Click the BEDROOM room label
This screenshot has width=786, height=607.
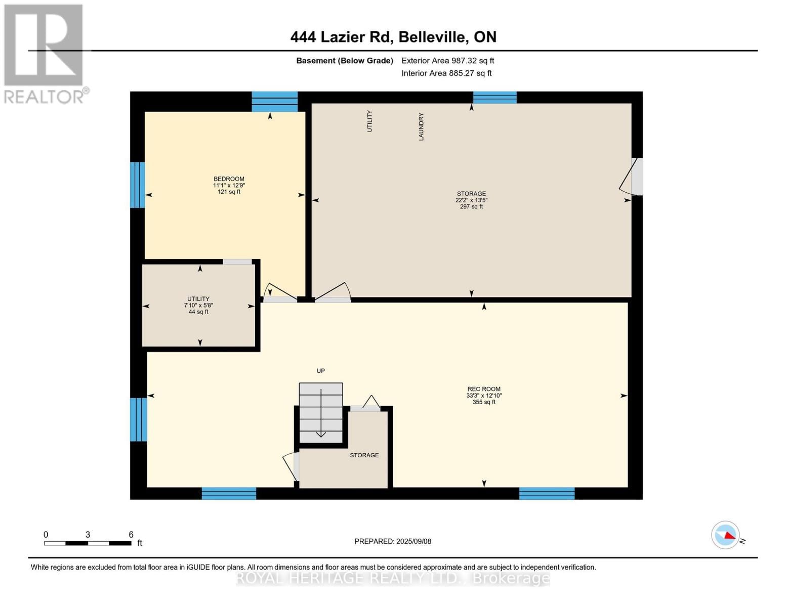(229, 179)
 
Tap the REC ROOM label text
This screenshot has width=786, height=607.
(484, 389)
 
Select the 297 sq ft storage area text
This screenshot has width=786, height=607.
(471, 207)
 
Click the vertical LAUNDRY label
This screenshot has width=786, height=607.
(421, 126)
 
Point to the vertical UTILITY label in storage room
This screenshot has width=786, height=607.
(369, 121)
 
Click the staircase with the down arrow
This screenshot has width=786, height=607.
(321, 412)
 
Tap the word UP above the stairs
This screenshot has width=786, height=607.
(320, 371)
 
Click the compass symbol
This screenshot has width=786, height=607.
(726, 535)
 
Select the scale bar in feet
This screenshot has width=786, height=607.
(88, 543)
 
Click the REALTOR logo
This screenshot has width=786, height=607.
(45, 53)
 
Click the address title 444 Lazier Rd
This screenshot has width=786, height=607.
(393, 37)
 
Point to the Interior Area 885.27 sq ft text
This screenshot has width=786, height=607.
(446, 73)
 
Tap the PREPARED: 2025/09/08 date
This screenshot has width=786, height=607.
(393, 541)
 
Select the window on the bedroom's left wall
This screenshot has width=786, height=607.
(137, 185)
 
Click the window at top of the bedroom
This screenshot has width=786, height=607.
(275, 102)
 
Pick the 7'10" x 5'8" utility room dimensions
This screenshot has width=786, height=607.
(198, 306)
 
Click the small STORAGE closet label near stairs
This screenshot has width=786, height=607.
(364, 455)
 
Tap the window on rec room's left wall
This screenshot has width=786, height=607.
(138, 419)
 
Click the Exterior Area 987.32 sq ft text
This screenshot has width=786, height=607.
(447, 61)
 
